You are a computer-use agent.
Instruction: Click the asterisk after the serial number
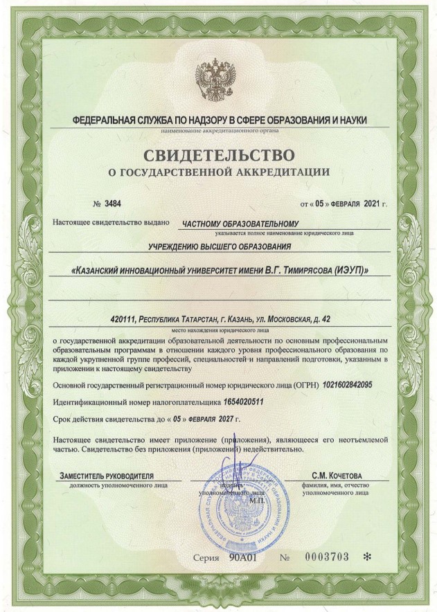(366, 557)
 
